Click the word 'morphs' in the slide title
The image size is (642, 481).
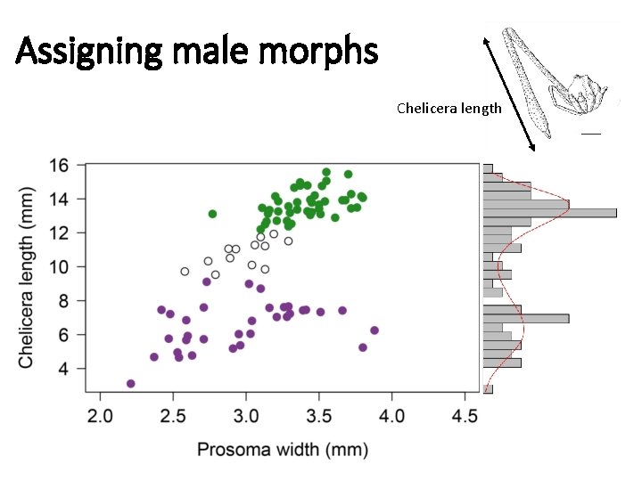[325, 53]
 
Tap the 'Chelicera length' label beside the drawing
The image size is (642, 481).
[449, 109]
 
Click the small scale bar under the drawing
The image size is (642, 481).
[591, 134]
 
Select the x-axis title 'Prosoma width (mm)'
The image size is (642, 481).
[282, 450]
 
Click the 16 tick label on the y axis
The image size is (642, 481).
[58, 165]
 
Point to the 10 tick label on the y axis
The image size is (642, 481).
[58, 266]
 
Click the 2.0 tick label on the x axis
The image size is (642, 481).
[100, 416]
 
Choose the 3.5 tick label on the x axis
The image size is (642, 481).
[318, 416]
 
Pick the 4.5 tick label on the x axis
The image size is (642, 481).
[464, 416]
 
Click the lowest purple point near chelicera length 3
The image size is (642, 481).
[131, 384]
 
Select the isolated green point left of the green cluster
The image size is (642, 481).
[212, 214]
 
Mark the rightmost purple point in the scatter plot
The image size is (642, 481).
[374, 330]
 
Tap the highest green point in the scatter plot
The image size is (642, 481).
[326, 172]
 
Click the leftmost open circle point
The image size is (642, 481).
[185, 272]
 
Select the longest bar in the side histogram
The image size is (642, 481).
[549, 213]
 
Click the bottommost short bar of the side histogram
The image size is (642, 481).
[488, 388]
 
